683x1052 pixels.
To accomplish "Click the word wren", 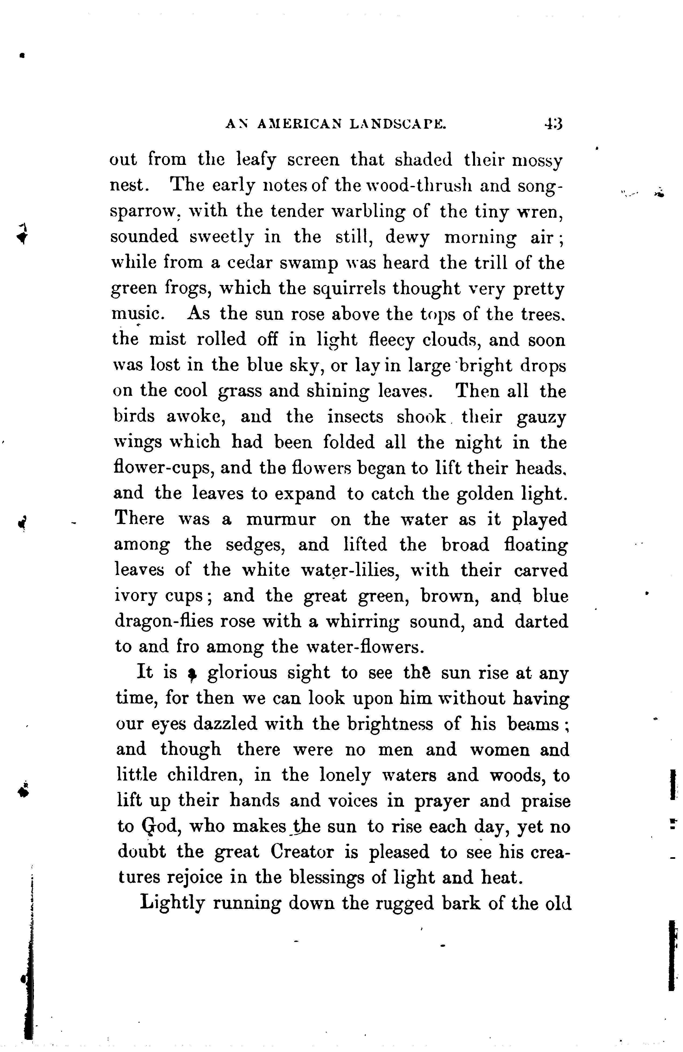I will pyautogui.click(x=543, y=212).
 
